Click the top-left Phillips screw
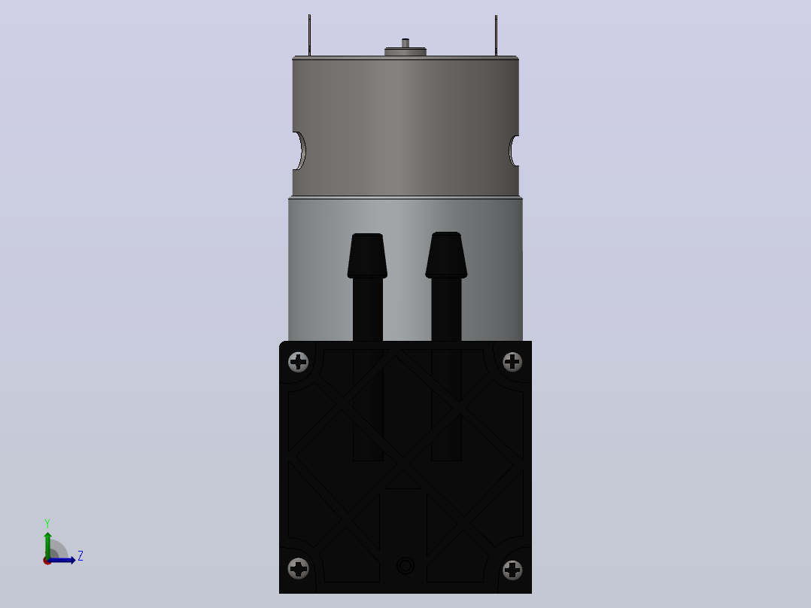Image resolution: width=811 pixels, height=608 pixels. coord(299,362)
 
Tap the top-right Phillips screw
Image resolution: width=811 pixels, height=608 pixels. coord(512,362)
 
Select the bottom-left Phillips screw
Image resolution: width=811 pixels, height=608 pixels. coord(299,569)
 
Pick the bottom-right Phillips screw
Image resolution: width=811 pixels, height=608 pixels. coord(512,570)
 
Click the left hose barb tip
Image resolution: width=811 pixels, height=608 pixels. coord(367,256)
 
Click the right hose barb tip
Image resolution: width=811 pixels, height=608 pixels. coord(446,254)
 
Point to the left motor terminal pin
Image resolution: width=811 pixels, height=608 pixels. coord(309,35)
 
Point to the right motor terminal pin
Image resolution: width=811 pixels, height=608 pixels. coord(496,35)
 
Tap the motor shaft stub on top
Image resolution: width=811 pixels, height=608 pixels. coord(405,43)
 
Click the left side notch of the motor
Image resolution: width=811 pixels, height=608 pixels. coord(299,150)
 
